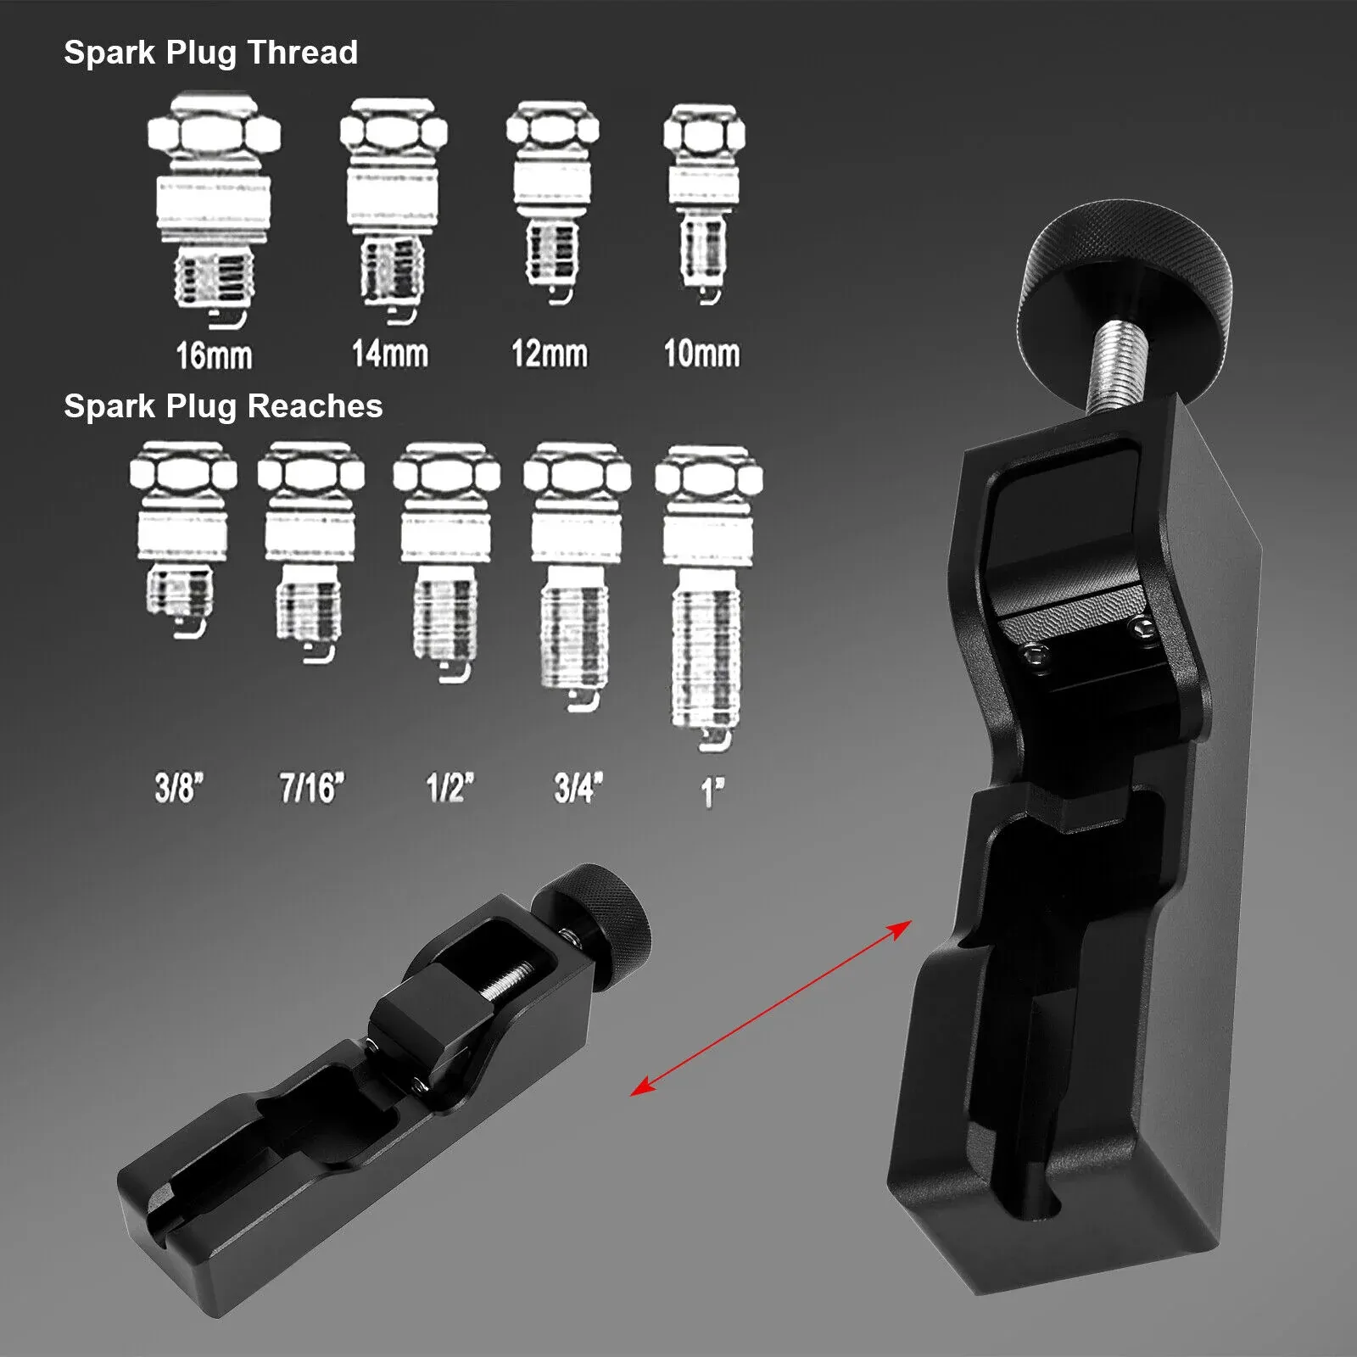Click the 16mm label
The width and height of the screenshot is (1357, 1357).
(214, 355)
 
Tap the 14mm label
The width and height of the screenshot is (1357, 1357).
(390, 353)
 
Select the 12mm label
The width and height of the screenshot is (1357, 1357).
(549, 353)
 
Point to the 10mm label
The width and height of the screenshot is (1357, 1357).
(701, 353)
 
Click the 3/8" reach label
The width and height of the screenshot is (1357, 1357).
(179, 788)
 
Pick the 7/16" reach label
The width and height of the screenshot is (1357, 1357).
(312, 788)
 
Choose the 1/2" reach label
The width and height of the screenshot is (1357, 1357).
(450, 788)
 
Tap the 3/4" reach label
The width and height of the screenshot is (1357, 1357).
(578, 788)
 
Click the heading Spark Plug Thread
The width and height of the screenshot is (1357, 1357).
(210, 53)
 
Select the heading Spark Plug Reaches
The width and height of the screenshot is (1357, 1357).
(223, 406)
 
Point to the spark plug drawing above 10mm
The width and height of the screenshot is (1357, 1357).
(704, 204)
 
